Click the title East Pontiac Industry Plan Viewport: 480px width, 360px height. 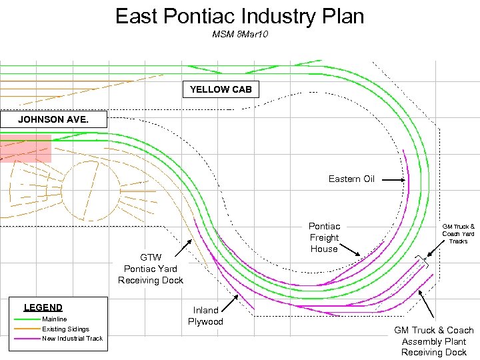coord(239,16)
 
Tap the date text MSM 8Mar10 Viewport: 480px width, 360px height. coord(239,33)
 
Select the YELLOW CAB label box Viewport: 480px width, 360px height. coord(221,89)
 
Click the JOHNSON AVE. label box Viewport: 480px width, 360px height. coord(53,120)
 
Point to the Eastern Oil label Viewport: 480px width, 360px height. coord(351,179)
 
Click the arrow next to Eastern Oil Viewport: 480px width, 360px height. coord(394,180)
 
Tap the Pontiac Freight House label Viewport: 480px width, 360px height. coord(324,237)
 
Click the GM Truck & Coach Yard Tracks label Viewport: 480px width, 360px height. coord(458,233)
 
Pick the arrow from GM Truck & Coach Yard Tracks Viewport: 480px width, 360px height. coord(437,250)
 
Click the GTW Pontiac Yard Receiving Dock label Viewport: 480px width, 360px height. coord(151,269)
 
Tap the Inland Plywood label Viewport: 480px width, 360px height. coord(205,316)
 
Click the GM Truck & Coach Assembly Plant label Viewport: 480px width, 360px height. coord(433,341)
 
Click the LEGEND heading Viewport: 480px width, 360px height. coord(43,307)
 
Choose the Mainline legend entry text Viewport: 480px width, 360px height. coord(54,319)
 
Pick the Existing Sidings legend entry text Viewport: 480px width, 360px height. coord(65,329)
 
